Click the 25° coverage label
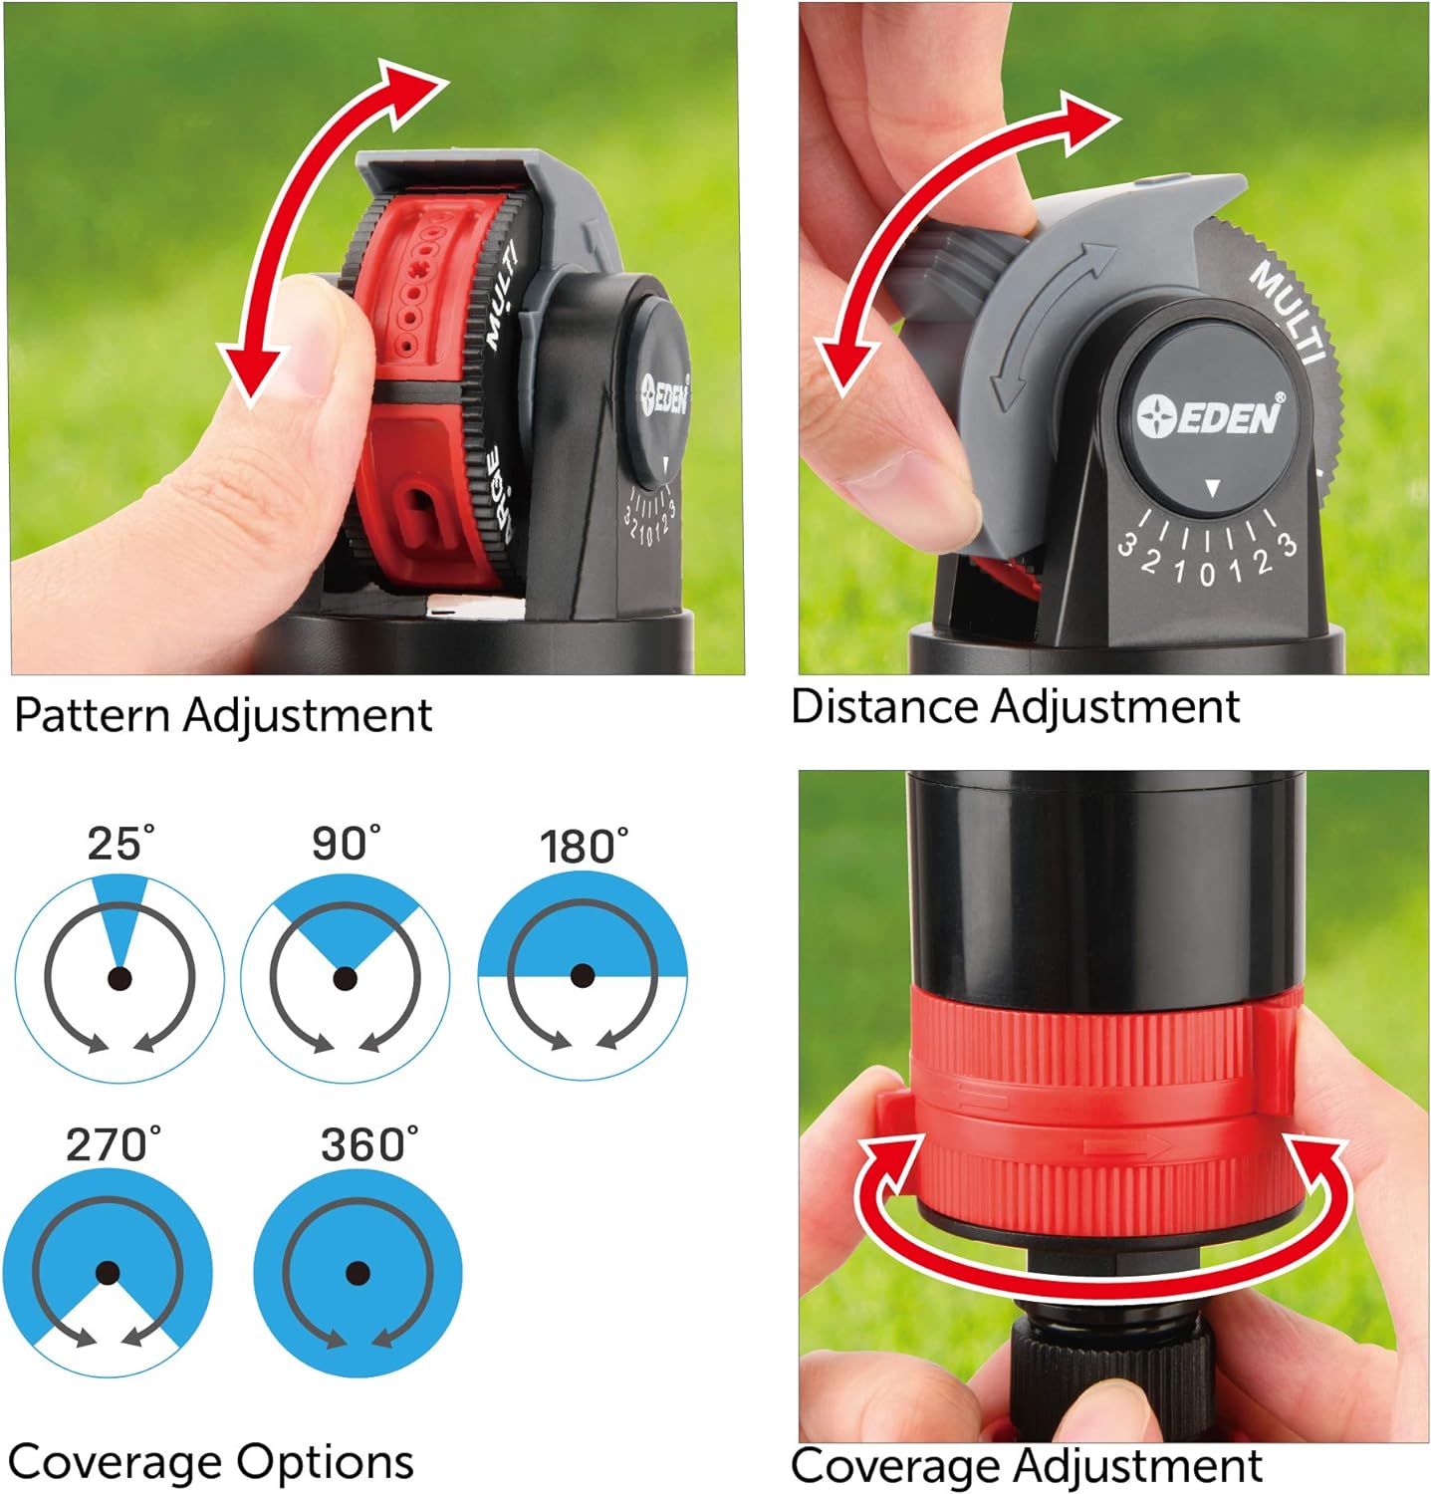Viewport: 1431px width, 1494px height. click(x=120, y=844)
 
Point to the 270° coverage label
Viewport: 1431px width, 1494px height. click(x=113, y=1144)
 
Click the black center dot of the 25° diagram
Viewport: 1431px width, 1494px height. click(x=119, y=978)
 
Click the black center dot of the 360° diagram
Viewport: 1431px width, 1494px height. click(x=358, y=1273)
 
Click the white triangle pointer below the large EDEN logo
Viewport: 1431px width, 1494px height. click(x=1212, y=488)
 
